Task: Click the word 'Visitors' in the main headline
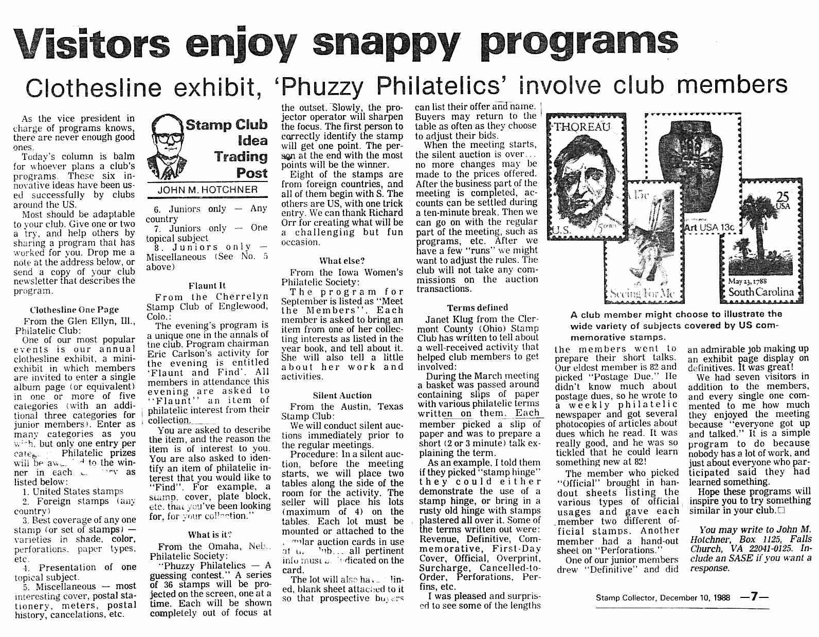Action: (x=92, y=43)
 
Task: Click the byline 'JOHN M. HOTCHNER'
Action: (x=207, y=190)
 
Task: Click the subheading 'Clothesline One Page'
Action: (x=74, y=310)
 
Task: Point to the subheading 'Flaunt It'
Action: (x=207, y=286)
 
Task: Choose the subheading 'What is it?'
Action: (x=210, y=534)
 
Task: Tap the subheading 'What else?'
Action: (x=341, y=261)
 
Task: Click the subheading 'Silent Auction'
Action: (x=342, y=395)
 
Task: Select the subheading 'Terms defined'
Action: (x=477, y=307)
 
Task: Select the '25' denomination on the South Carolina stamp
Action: (x=782, y=198)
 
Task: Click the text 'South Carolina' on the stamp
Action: (x=760, y=292)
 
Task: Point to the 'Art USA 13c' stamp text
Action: (x=709, y=227)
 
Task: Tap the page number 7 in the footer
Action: (x=754, y=597)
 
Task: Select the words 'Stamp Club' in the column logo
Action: (x=226, y=125)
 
